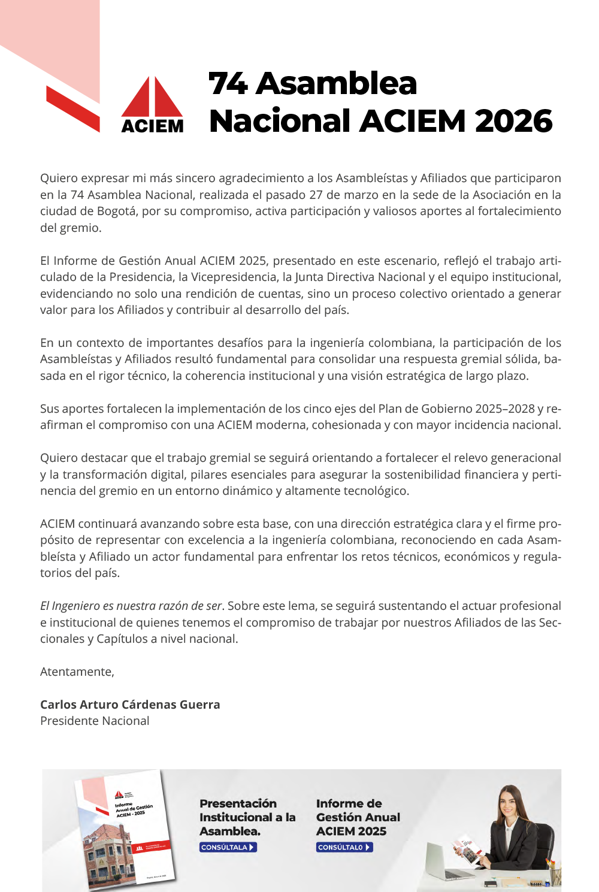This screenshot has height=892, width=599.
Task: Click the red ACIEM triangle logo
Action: click(x=152, y=99)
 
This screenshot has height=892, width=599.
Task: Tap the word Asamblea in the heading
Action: click(x=336, y=83)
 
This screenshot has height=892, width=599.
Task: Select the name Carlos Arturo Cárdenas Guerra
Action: click(x=130, y=704)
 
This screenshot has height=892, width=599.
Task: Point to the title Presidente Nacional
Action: click(x=95, y=721)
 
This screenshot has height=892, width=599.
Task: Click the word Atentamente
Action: click(x=77, y=672)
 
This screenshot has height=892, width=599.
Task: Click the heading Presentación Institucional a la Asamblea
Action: click(x=247, y=817)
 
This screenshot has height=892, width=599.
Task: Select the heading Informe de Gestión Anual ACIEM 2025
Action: click(x=358, y=817)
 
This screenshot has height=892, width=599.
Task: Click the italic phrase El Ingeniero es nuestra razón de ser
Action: click(x=131, y=606)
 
